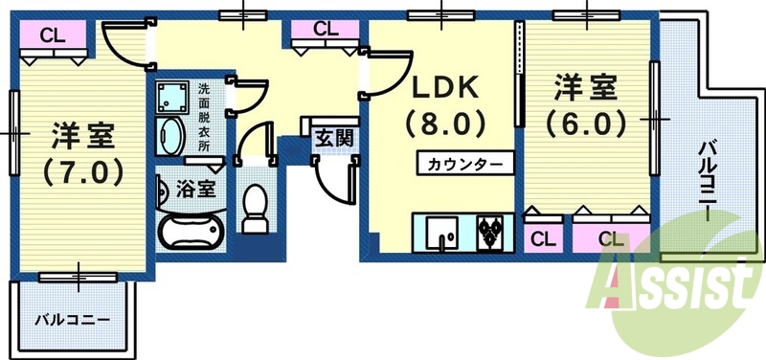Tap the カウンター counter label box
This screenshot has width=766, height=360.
coord(464,163)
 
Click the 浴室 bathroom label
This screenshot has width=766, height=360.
coord(196,189)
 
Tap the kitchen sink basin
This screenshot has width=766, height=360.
coord(445,231)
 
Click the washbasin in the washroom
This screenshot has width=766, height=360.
coord(173,137)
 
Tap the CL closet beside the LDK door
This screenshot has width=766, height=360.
coord(326,29)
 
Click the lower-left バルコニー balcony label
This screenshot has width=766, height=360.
coord(73,319)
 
